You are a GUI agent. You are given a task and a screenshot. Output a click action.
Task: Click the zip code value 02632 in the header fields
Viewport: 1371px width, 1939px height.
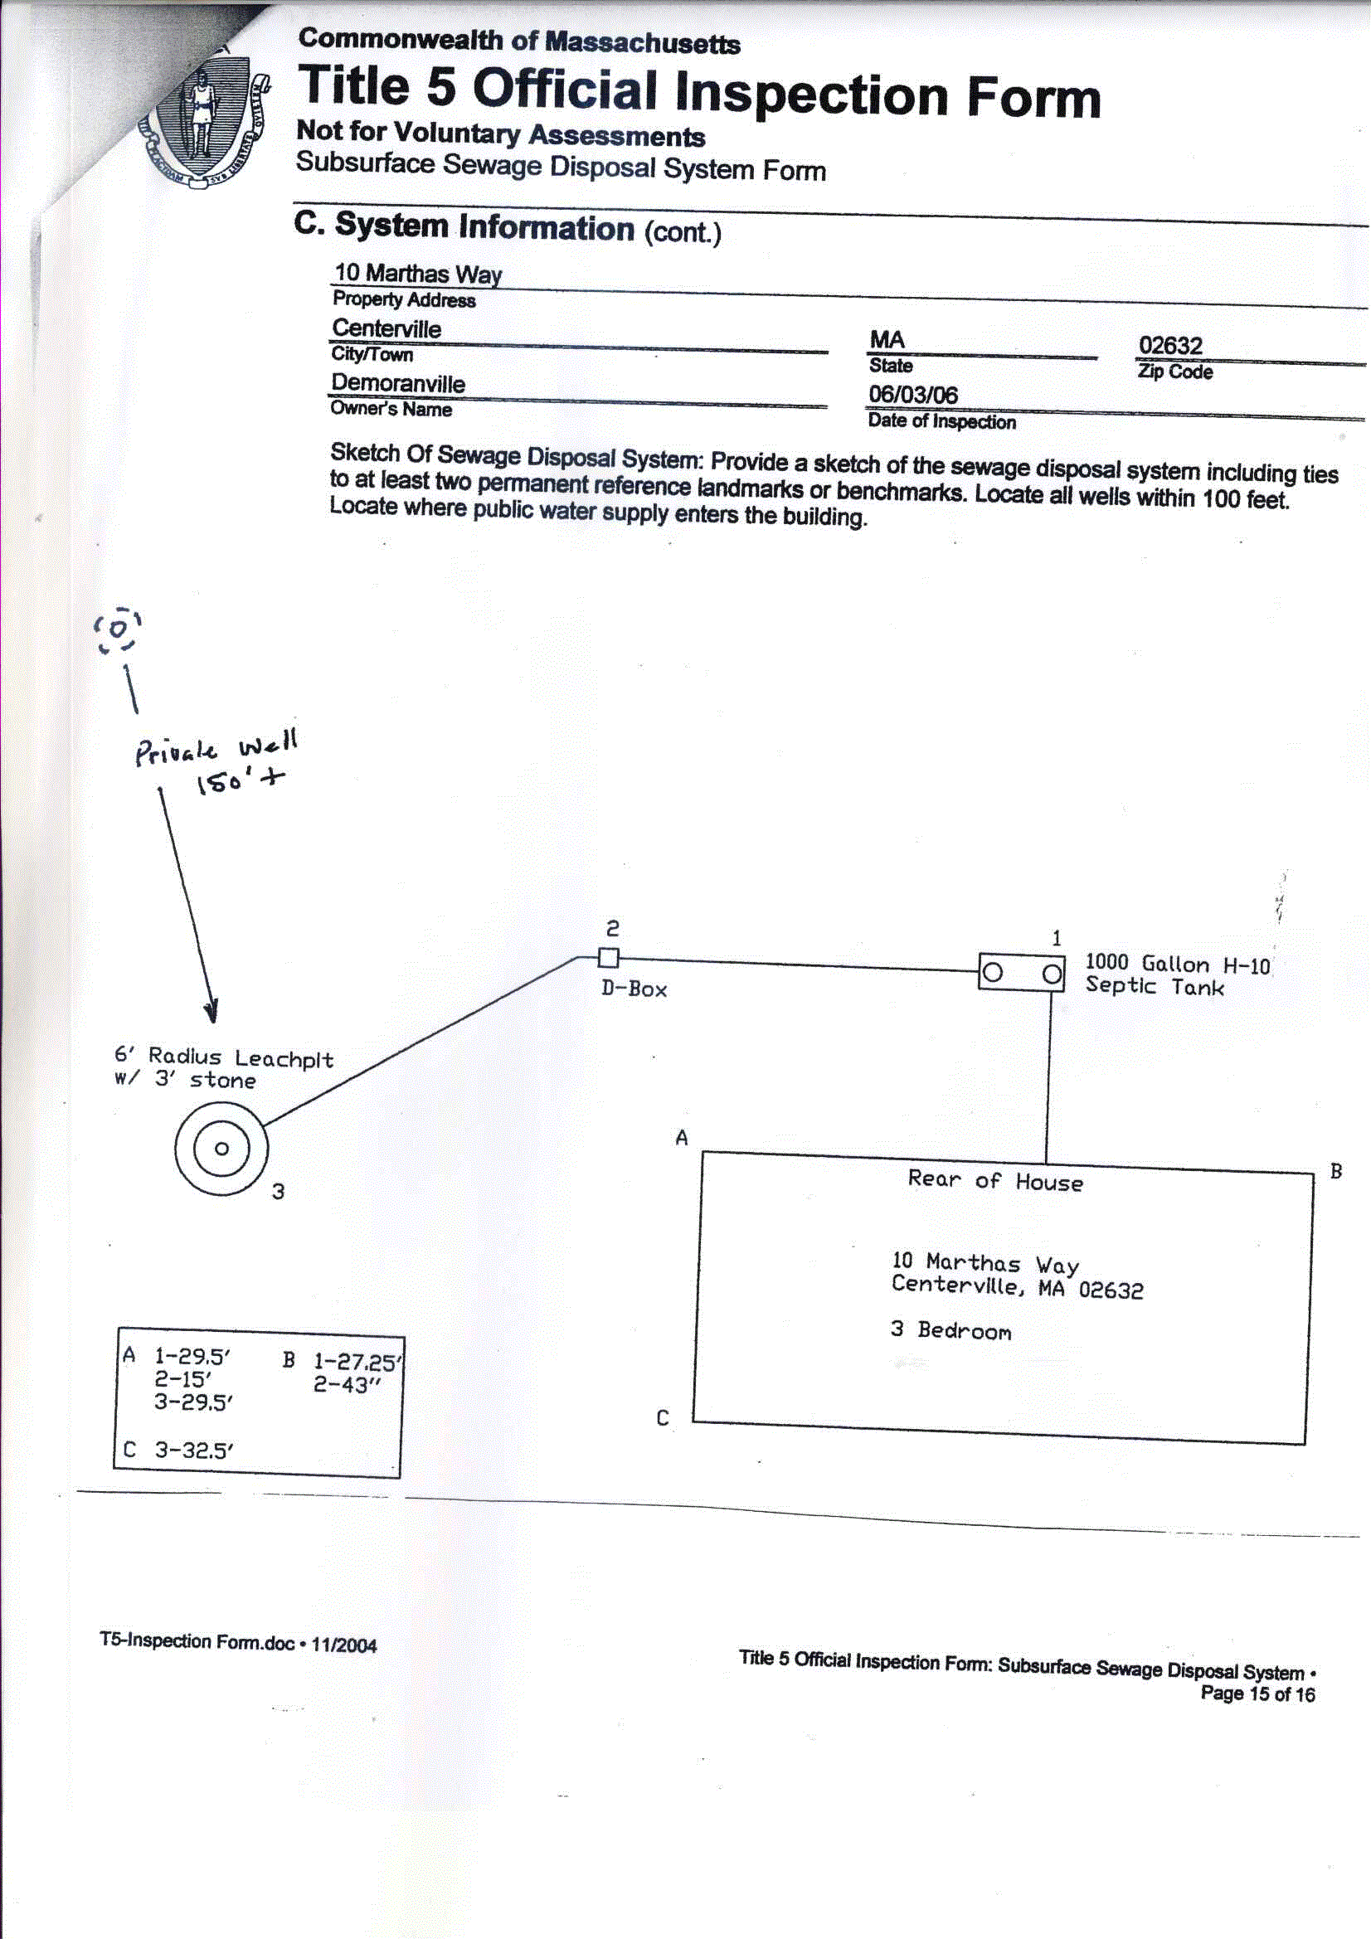coord(1170,345)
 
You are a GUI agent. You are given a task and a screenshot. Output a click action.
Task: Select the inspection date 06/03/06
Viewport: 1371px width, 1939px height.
coord(913,395)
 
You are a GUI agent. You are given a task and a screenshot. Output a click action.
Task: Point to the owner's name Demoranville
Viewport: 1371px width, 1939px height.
coord(398,382)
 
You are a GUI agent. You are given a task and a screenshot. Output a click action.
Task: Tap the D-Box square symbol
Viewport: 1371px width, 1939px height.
coord(608,958)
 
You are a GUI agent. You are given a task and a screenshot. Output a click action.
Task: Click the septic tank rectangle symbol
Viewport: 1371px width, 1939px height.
coord(1021,973)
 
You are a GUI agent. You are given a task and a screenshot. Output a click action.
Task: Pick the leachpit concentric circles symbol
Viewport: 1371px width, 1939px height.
coord(221,1148)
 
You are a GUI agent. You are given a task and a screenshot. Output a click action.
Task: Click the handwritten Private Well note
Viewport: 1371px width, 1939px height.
coord(216,750)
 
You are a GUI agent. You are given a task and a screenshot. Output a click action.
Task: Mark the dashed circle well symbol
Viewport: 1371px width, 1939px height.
coord(118,629)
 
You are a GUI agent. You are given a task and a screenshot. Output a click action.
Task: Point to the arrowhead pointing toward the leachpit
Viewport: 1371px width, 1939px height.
coord(211,1011)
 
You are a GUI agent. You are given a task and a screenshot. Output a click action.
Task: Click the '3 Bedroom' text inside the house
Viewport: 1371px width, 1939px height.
coord(950,1330)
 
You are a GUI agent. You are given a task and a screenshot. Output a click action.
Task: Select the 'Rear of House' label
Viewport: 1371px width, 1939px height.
coord(994,1181)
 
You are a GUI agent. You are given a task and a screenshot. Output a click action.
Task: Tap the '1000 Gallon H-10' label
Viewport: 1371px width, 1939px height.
coord(1177,964)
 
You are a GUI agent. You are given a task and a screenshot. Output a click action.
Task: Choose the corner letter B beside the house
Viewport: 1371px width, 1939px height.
coord(1335,1171)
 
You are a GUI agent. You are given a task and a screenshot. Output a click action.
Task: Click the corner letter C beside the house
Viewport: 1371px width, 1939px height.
coord(664,1418)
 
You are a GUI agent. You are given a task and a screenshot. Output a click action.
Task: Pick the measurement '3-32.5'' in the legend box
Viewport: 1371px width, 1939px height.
coord(193,1450)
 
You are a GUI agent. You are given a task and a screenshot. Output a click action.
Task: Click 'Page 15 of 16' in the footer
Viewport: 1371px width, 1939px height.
coord(1257,1694)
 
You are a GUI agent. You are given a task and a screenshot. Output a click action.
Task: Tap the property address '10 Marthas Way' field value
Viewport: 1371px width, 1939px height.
coord(418,273)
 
